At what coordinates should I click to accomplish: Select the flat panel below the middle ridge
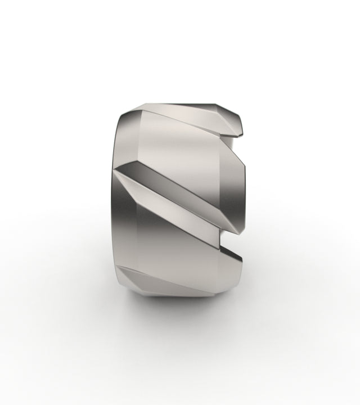[x=169, y=253]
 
